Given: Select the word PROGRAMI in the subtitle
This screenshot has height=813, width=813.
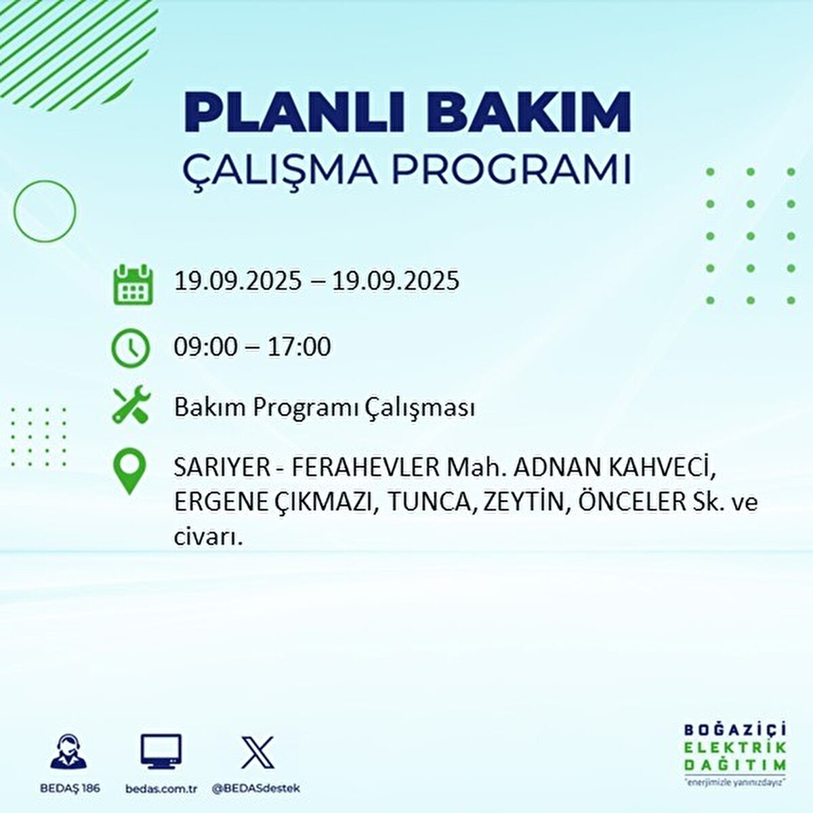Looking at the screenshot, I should tap(512, 170).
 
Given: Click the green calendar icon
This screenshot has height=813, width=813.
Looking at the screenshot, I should tap(131, 285).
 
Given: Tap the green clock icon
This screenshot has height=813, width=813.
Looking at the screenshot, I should tap(130, 348).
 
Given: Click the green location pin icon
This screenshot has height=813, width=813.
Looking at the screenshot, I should tap(129, 472).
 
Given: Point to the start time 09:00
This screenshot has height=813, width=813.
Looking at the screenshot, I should tap(206, 347).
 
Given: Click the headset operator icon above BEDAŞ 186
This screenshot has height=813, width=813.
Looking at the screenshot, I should tap(68, 753).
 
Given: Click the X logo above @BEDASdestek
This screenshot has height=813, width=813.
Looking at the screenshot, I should tap(257, 753).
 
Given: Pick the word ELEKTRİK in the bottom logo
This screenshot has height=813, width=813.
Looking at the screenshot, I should tap(736, 747).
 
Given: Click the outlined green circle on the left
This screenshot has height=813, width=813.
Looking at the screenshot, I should tap(45, 211).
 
